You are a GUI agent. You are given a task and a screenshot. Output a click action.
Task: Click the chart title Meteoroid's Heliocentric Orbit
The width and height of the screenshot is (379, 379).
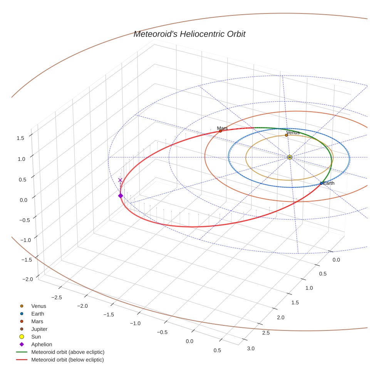[x=189, y=34]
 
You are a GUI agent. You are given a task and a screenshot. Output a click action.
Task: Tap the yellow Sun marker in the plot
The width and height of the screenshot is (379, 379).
[x=289, y=157]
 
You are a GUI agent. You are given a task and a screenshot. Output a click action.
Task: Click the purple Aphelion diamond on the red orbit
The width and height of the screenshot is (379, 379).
[x=121, y=196]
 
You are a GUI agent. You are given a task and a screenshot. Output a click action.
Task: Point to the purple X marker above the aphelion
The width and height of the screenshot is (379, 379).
[x=120, y=180]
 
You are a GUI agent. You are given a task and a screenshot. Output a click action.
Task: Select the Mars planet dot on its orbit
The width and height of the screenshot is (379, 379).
[x=220, y=131]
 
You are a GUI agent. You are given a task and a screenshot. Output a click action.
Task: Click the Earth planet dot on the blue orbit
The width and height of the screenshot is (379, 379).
[x=321, y=183]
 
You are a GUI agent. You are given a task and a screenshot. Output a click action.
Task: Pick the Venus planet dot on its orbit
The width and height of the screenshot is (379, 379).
[x=286, y=135]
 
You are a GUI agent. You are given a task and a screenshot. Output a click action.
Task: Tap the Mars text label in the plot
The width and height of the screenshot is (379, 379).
[x=222, y=128]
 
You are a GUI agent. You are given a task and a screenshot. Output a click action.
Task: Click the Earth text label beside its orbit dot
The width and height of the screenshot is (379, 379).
[x=329, y=183]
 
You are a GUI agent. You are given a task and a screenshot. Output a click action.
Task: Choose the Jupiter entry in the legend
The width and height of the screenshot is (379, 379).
[x=39, y=329]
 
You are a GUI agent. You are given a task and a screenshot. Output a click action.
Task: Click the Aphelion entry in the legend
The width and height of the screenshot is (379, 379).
[x=42, y=345]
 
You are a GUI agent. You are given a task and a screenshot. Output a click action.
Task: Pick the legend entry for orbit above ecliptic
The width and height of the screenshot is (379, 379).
[x=68, y=352]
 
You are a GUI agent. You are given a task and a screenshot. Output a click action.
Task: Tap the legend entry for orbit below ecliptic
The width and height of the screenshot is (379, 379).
[x=68, y=360]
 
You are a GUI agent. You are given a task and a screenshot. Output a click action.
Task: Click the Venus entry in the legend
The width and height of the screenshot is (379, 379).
[x=39, y=306]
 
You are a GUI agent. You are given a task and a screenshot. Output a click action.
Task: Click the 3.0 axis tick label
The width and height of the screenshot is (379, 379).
[x=250, y=349]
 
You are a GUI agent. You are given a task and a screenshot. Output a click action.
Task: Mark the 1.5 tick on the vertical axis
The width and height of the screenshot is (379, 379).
[x=21, y=138]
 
